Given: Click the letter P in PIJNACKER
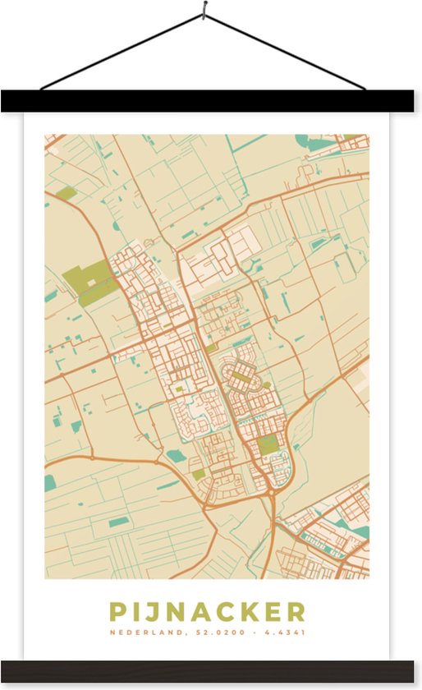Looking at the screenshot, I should tap(117, 612).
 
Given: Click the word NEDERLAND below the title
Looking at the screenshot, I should tap(142, 633).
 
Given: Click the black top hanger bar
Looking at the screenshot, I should tap(211, 101).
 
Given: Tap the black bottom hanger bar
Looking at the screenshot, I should tap(211, 670).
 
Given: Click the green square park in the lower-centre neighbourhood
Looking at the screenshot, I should tap(268, 444).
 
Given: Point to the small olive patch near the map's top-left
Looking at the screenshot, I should tap(66, 194).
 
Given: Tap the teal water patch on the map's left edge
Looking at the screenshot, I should tap(49, 481).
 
